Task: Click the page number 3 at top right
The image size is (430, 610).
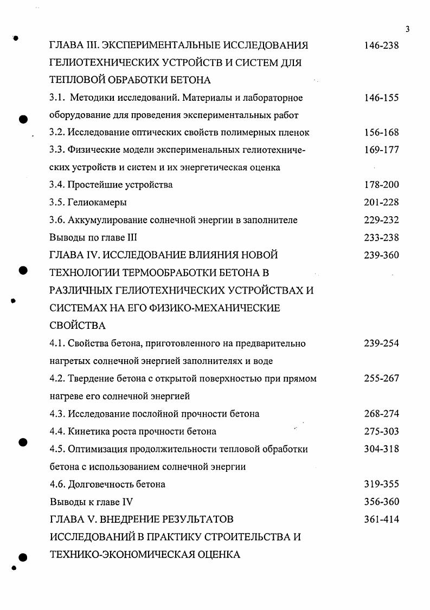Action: (x=407, y=29)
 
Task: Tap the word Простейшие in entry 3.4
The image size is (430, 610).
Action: (x=93, y=185)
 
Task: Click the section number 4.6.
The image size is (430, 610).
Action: (x=57, y=484)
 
